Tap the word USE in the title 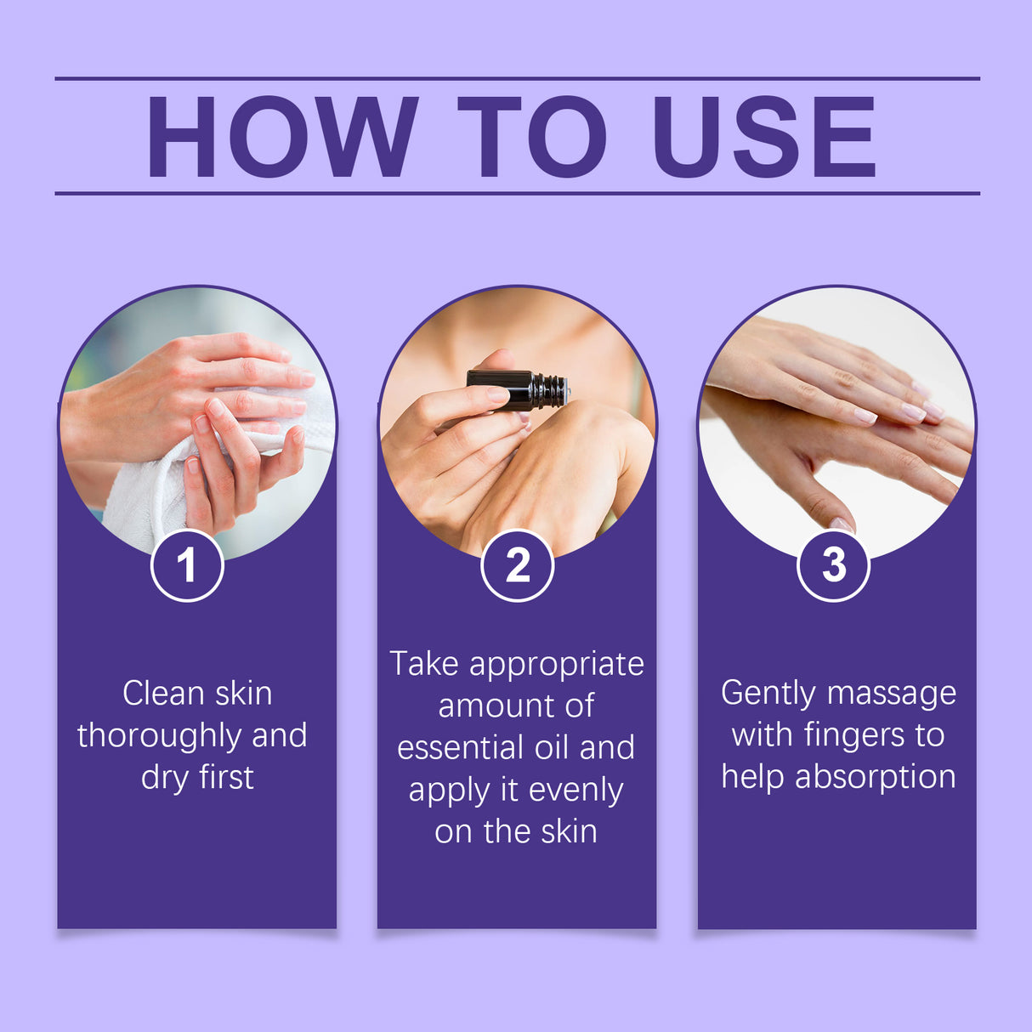coord(763,137)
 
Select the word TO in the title coord(532,137)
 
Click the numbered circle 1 coord(187,565)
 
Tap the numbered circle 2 coord(517,565)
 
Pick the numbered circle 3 coord(833,565)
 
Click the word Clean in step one coord(163,694)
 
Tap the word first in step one coord(226,778)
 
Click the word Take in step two coord(424,664)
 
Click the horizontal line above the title coord(517,78)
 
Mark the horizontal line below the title coord(517,194)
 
